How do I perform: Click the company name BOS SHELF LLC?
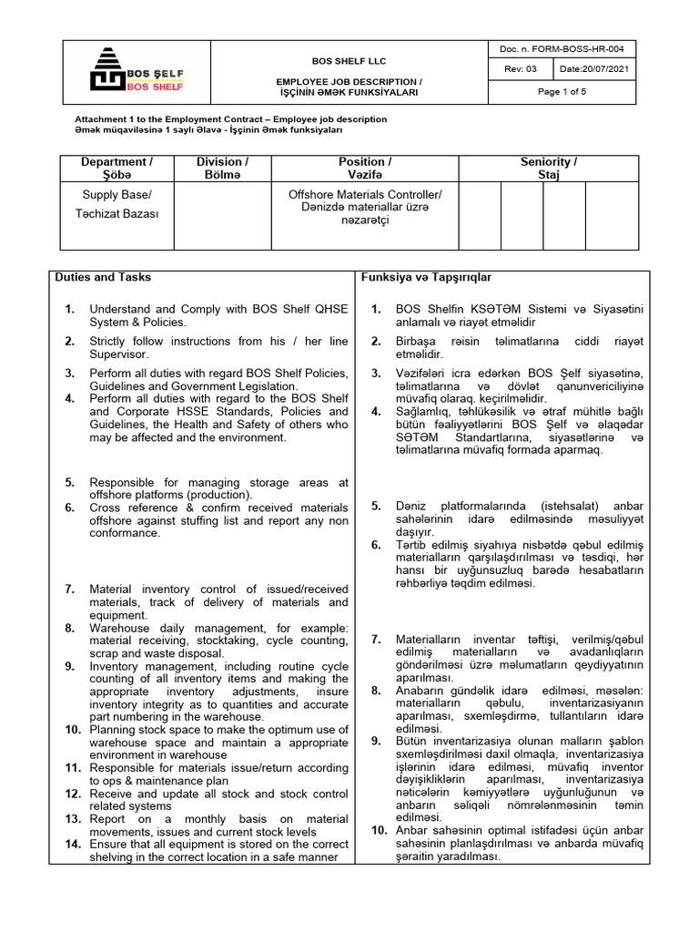tap(349, 61)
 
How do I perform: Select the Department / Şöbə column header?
tap(116, 168)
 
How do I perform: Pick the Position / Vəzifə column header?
tap(365, 168)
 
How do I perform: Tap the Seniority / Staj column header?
tap(548, 168)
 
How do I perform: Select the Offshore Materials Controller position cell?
tap(365, 208)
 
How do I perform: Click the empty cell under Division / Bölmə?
tap(223, 215)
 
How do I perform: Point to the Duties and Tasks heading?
tap(103, 277)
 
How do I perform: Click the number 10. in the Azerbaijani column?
tap(380, 831)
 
